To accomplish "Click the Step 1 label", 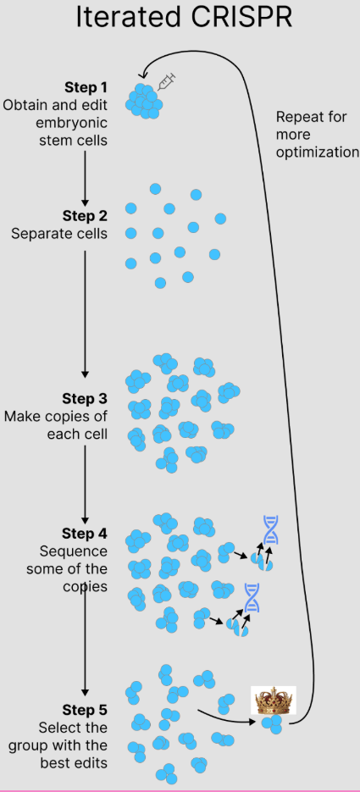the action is (86, 87).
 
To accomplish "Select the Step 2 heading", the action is (85, 216).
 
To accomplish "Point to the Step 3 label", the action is (85, 398).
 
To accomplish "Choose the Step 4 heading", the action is (85, 534).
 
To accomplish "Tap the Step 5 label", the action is (85, 710).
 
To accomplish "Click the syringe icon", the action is (167, 80).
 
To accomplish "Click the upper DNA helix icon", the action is (271, 530).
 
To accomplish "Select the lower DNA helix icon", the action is (251, 597).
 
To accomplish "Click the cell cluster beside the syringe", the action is (144, 101).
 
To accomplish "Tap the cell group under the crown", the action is (273, 723).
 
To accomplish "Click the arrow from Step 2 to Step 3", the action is (85, 314).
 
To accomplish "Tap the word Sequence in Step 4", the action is (73, 551).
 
